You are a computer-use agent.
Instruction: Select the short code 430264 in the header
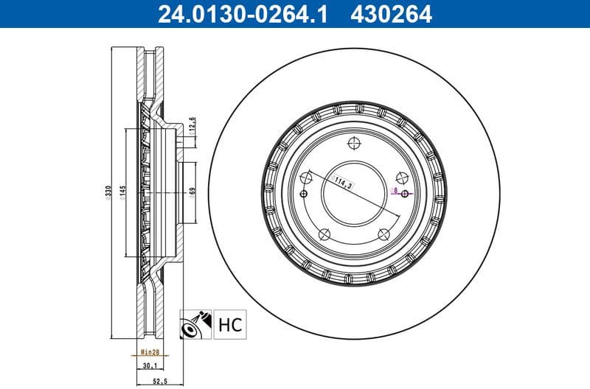[x=392, y=13]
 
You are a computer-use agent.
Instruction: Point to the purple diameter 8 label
[x=396, y=190]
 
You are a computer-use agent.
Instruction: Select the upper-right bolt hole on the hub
[x=402, y=177]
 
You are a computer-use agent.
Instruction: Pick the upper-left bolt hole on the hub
[x=305, y=177]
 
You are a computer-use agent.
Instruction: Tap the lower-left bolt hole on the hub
[x=324, y=234]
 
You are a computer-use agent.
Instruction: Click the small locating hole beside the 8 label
[x=405, y=194]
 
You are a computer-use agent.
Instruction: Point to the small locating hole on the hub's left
[x=303, y=194]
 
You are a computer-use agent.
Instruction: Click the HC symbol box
[x=229, y=324]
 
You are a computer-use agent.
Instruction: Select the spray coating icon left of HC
[x=196, y=324]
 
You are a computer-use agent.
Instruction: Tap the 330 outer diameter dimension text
[x=108, y=193]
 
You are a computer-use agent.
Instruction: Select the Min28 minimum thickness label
[x=150, y=353]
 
